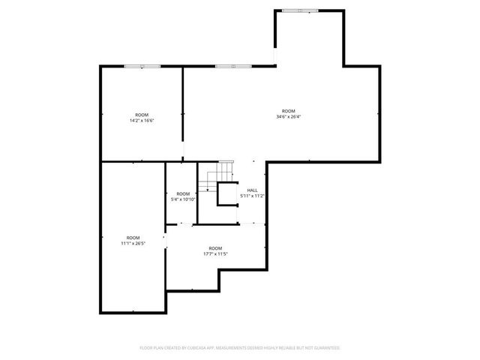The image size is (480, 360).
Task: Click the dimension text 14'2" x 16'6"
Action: click(142, 120)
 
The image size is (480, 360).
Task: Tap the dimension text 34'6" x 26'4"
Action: click(288, 116)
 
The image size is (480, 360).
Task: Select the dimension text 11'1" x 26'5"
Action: click(133, 243)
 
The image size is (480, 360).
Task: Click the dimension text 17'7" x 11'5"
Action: click(215, 253)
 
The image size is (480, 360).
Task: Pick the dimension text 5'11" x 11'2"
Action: click(253, 196)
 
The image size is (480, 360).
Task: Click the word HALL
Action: click(253, 190)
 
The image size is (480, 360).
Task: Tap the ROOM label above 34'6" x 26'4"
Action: click(288, 111)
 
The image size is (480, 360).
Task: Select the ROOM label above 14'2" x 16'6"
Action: click(142, 115)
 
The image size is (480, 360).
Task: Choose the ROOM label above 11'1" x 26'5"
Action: click(133, 238)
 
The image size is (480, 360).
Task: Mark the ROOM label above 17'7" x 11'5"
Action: click(215, 248)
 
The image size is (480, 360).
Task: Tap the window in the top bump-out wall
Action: click(298, 10)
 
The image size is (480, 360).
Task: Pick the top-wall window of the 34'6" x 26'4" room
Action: click(226, 67)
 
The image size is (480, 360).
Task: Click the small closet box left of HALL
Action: click(226, 195)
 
